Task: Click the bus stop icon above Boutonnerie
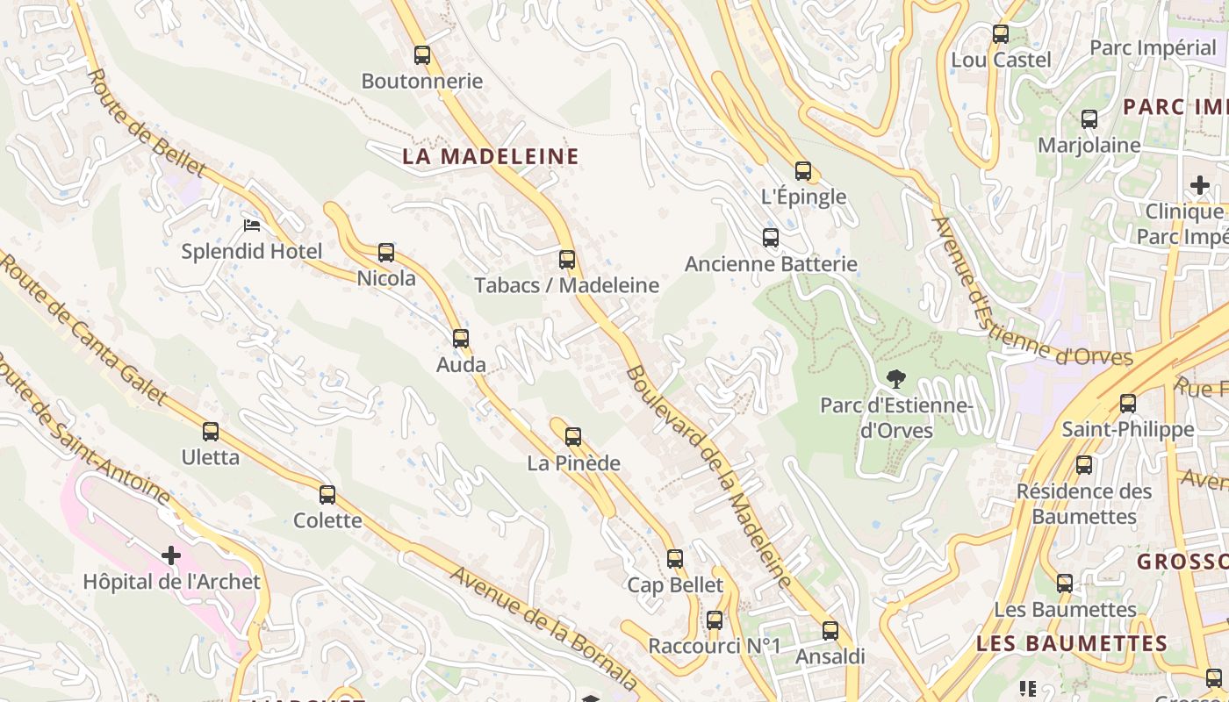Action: pyautogui.click(x=422, y=55)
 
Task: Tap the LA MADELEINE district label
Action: pyautogui.click(x=491, y=157)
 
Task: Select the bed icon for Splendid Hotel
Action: pyautogui.click(x=252, y=226)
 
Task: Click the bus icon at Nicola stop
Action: pyautogui.click(x=386, y=253)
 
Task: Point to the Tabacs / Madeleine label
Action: pyautogui.click(x=566, y=285)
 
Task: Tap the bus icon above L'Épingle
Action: pyautogui.click(x=803, y=171)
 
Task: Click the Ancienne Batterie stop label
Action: pyautogui.click(x=771, y=264)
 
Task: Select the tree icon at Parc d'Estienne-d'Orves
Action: pyautogui.click(x=896, y=380)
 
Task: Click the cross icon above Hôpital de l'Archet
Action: pyautogui.click(x=171, y=555)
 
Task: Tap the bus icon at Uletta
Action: pyautogui.click(x=211, y=432)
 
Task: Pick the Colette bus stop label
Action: pyautogui.click(x=327, y=520)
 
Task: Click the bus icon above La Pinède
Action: pyautogui.click(x=573, y=436)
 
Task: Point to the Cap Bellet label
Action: pyautogui.click(x=675, y=585)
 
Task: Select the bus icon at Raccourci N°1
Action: pyautogui.click(x=715, y=620)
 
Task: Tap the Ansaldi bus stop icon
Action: pyautogui.click(x=830, y=630)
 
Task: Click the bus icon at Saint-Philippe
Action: pyautogui.click(x=1128, y=404)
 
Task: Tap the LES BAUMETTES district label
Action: pyautogui.click(x=1072, y=643)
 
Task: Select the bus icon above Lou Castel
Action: pyautogui.click(x=1001, y=34)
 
